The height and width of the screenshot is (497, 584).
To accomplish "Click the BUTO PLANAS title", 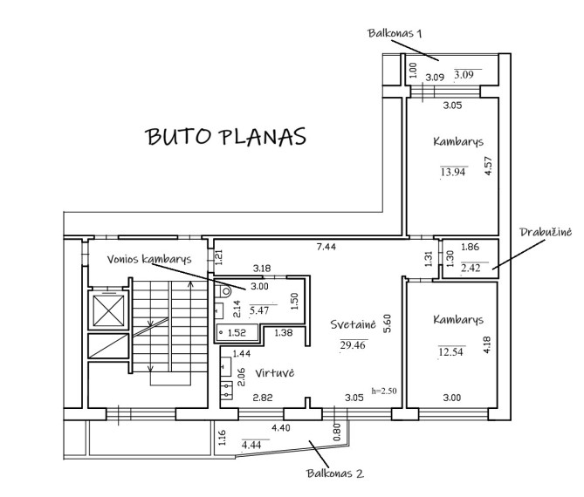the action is pos(226,137).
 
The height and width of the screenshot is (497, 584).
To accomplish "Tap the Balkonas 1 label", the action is pos(395,33).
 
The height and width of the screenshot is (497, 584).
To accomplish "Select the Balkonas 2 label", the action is pos(335,473).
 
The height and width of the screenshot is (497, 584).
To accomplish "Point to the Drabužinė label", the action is pos(546,232).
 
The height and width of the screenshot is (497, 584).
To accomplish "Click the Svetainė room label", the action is pos(353,324).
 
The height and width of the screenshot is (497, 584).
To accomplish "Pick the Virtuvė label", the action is pos(274,373).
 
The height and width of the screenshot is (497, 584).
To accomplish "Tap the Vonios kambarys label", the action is pos(149,259).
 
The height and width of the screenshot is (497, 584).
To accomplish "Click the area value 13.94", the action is pos(453,172).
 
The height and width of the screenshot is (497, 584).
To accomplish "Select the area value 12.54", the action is pos(450,351).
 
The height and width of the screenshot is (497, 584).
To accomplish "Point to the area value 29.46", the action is pos(353,345).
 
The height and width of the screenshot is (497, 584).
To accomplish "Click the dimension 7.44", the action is pos(326,247).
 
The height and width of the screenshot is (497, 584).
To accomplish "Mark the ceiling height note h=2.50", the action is pos(384,391).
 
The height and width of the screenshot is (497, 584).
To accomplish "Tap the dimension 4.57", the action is pos(488,165).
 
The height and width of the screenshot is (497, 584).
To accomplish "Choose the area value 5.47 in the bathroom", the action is pos(259,310).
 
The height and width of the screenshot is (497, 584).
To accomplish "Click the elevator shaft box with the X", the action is pos(108,310).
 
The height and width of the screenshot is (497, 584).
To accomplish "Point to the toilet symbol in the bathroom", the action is pos(225,291).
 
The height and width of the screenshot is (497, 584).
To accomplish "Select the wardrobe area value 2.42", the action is pos(471,268).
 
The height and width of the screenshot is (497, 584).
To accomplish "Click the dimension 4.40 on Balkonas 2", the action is pos(281,428).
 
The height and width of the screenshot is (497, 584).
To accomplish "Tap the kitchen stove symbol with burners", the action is pos(226,391).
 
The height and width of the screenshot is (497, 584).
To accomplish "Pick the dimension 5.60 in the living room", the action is pos(388,323).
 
